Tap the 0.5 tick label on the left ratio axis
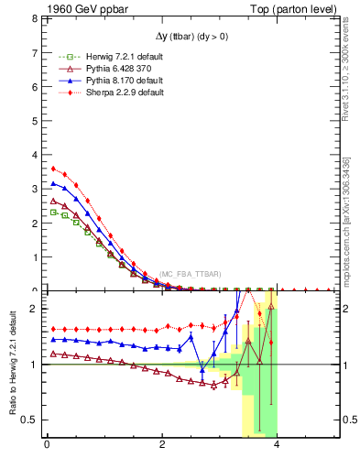pos(29,420)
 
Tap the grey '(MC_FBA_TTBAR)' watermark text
pos(190,274)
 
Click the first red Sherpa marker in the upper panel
pos(53,169)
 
